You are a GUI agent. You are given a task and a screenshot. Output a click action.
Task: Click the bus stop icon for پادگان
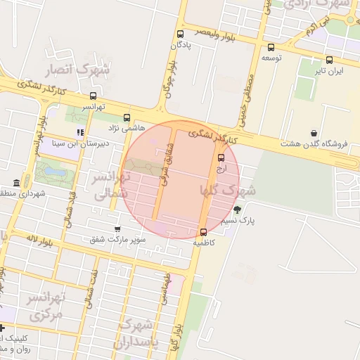[181, 34]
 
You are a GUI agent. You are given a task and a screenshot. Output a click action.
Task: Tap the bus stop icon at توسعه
[271, 48]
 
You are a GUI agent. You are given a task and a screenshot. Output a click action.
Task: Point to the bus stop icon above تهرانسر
[94, 96]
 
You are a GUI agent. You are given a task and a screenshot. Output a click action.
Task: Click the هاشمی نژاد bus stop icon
[127, 118]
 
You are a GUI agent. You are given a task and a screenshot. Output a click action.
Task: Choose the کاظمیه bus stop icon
[204, 233]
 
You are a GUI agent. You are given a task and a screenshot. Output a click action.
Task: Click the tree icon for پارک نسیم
[236, 209]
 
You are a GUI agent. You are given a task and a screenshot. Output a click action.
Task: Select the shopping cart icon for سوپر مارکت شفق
[117, 229]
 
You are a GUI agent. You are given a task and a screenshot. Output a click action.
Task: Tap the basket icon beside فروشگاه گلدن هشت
[313, 133]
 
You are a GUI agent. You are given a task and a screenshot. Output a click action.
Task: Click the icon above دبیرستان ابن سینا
[81, 132]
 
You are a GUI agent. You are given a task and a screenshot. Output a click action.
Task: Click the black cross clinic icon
[3, 328]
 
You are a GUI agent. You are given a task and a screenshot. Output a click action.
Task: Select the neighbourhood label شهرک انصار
[78, 70]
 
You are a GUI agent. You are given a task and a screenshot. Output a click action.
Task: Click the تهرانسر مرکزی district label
[45, 306]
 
